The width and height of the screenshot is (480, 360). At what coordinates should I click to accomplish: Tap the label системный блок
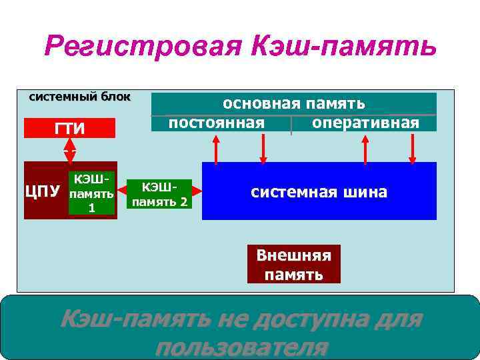pos(80,97)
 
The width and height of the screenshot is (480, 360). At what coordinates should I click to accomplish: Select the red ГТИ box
pos(69,128)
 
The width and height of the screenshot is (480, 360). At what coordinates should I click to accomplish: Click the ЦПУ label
pos(43,191)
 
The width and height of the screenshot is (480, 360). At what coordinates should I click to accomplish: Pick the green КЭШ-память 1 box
pos(92,193)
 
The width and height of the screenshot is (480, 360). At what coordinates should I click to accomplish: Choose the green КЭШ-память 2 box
pos(161,193)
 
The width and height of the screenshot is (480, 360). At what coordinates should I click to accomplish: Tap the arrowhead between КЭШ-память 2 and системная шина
pos(197,193)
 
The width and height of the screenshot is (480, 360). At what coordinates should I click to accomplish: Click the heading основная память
pos(293,103)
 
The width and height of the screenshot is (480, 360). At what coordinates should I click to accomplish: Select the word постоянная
pos(216,123)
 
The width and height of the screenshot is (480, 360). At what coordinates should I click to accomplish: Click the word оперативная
pos(365,123)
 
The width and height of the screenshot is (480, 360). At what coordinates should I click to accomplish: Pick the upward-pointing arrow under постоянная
pos(215,148)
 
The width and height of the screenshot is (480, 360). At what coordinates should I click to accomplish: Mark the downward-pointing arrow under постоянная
pos(263,148)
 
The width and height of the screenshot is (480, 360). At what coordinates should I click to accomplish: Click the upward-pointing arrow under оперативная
pos(365,148)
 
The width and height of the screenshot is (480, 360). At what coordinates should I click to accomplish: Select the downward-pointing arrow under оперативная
pos(412,148)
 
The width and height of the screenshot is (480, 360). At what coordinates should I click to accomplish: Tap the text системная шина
pos(319,192)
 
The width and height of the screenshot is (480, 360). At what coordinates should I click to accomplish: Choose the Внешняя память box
pos(293,264)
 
